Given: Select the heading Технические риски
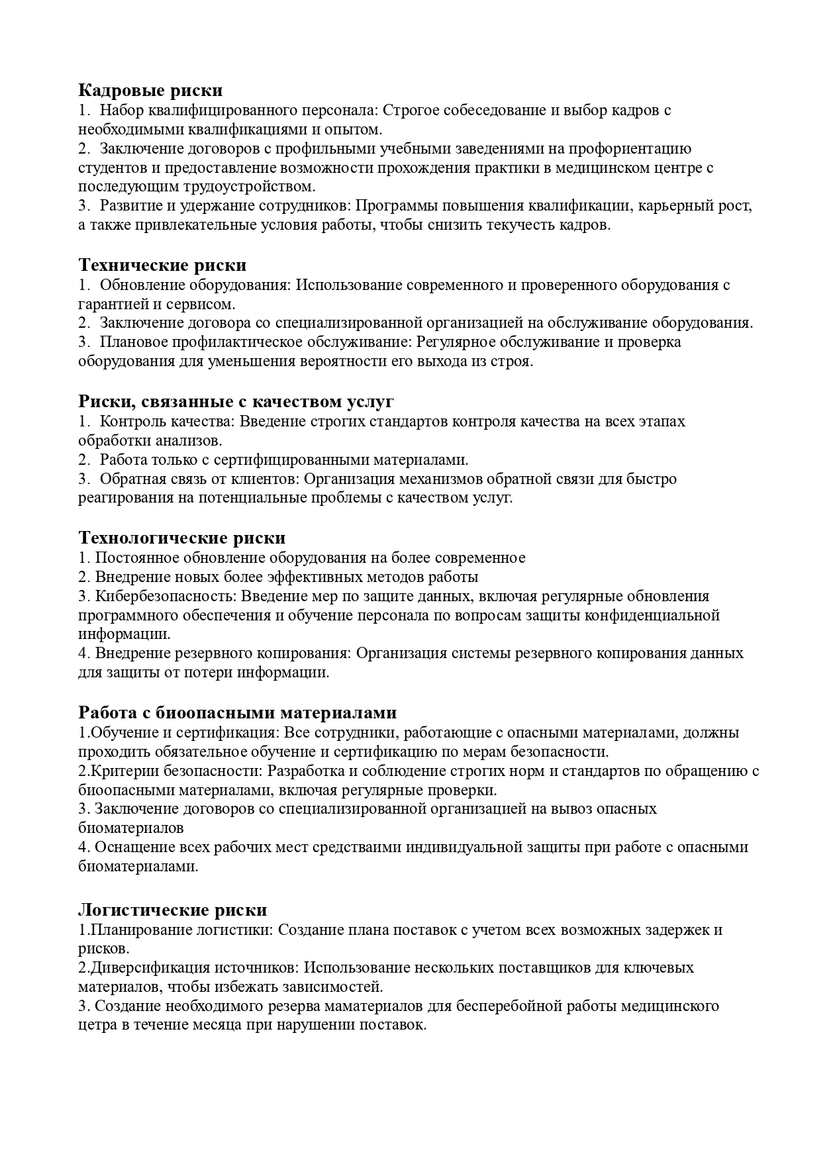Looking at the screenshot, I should [162, 265].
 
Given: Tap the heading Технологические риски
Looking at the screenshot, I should [182, 537].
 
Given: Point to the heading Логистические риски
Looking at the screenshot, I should [173, 909].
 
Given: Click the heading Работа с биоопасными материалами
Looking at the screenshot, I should [238, 712].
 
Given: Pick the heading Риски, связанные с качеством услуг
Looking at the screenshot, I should [236, 401].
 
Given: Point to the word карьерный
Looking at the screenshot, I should [672, 206].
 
